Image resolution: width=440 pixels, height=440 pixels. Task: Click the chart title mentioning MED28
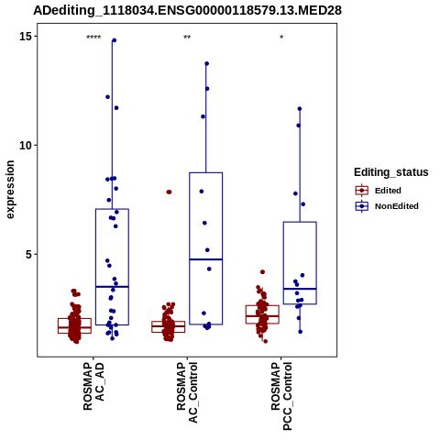[187, 11]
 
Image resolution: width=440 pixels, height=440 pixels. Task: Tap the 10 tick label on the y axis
[26, 146]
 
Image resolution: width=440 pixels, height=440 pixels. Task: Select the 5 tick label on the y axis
[29, 255]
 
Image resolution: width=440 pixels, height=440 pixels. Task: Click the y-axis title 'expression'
[10, 190]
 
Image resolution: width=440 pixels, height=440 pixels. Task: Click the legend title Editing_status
[391, 172]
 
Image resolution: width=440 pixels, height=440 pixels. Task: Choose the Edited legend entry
[379, 191]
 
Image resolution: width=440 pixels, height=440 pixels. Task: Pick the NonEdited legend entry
[387, 206]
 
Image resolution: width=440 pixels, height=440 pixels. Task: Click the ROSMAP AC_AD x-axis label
[93, 387]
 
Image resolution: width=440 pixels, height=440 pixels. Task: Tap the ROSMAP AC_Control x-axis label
[187, 392]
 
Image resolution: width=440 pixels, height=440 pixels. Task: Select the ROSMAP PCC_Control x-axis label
[281, 396]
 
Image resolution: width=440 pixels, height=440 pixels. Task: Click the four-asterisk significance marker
[93, 38]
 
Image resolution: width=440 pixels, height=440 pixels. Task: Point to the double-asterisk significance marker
[187, 38]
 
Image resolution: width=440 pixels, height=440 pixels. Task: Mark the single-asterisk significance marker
[281, 38]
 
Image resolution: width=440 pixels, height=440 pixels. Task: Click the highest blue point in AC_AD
[115, 40]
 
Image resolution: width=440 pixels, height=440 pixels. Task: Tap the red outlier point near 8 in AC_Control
[169, 192]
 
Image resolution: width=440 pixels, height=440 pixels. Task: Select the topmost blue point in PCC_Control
[300, 109]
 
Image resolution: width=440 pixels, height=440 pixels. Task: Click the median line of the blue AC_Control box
[206, 259]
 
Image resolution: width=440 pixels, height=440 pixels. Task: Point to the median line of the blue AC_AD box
[112, 287]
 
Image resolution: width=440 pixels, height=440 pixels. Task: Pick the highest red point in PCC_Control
[262, 272]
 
